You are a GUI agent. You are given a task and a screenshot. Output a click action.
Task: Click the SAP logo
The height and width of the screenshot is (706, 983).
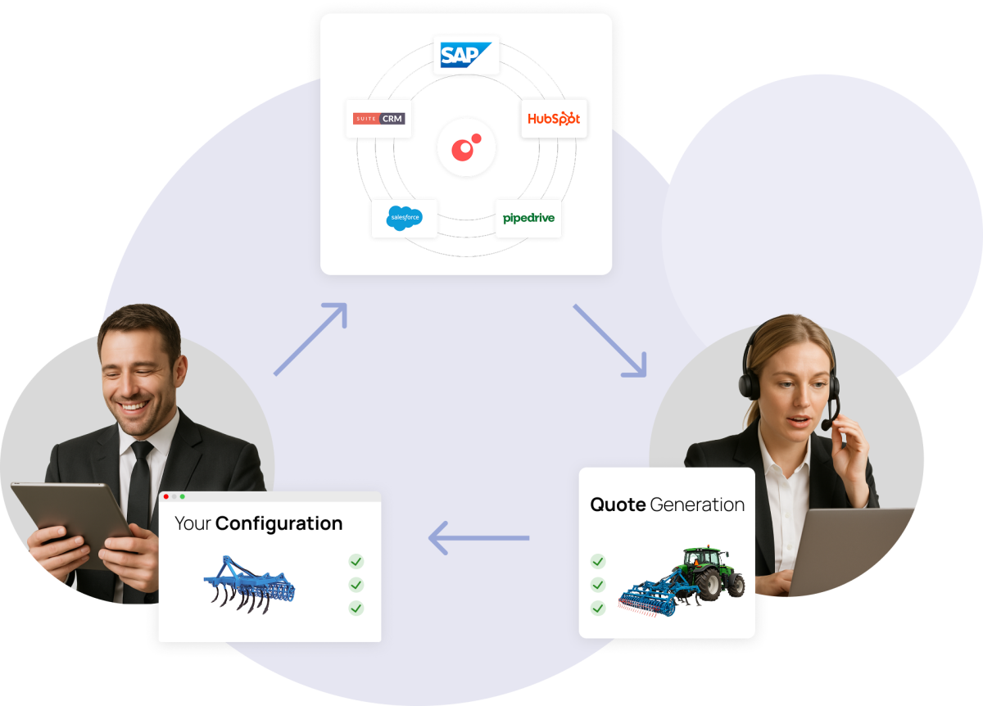pyautogui.click(x=465, y=55)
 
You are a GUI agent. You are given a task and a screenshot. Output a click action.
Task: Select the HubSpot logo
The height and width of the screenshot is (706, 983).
pyautogui.click(x=554, y=119)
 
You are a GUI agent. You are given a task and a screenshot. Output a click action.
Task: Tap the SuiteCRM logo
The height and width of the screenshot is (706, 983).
pyautogui.click(x=378, y=119)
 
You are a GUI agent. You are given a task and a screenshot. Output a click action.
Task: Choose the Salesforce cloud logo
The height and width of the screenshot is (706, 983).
pyautogui.click(x=404, y=218)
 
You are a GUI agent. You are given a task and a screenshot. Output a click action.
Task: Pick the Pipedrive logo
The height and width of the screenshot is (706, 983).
pyautogui.click(x=528, y=218)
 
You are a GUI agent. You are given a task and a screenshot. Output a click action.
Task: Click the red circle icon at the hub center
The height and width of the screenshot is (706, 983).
pyautogui.click(x=465, y=147)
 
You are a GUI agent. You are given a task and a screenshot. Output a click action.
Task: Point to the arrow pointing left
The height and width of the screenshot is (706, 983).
pyautogui.click(x=479, y=538)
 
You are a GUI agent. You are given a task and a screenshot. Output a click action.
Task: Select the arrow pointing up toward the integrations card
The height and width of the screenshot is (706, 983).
pyautogui.click(x=310, y=339)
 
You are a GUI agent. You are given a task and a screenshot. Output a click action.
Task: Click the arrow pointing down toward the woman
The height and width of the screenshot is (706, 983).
pyautogui.click(x=610, y=341)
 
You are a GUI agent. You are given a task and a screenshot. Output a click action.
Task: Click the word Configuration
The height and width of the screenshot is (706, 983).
pyautogui.click(x=279, y=523)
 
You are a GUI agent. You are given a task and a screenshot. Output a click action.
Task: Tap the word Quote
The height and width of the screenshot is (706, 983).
pyautogui.click(x=618, y=505)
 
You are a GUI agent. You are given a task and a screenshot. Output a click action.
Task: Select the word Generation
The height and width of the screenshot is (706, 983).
pyautogui.click(x=697, y=505)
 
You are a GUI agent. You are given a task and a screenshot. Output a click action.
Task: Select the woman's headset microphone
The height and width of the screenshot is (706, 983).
pyautogui.click(x=827, y=425)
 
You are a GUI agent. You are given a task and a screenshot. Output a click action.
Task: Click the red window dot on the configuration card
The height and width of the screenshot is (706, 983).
pyautogui.click(x=166, y=496)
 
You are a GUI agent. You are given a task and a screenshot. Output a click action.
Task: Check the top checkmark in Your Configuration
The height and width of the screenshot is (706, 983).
pyautogui.click(x=356, y=562)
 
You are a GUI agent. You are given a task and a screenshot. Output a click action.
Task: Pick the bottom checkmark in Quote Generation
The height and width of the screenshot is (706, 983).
pyautogui.click(x=598, y=608)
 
